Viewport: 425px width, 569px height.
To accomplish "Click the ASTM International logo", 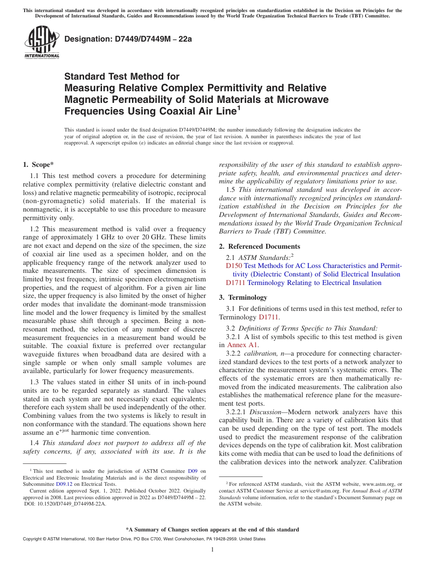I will click(42, 42).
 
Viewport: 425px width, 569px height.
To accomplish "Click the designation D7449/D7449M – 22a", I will click(128, 39).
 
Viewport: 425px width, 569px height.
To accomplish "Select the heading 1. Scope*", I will click(38, 165).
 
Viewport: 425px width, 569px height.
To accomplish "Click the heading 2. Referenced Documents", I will click(259, 246).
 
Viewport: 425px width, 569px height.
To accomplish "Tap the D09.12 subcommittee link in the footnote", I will click(64, 484).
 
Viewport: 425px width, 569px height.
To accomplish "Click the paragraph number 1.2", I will click(34, 229).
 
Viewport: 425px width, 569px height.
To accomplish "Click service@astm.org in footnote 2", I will click(316, 491).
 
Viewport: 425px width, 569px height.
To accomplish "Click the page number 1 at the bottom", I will click(212, 550).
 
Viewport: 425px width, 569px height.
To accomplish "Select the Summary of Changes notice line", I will click(212, 530).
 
